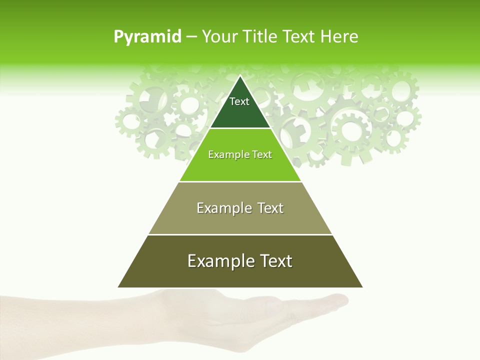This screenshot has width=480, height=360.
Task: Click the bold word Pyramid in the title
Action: [147, 37]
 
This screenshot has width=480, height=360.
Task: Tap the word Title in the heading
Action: [261, 37]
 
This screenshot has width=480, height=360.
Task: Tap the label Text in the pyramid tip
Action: [239, 101]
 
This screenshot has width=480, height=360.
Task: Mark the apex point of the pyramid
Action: [240, 76]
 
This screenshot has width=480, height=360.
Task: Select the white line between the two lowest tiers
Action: [240, 234]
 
